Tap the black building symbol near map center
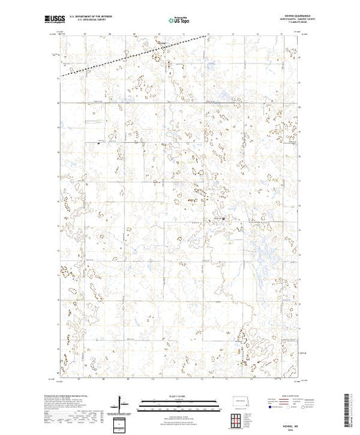(x=223, y=220)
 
